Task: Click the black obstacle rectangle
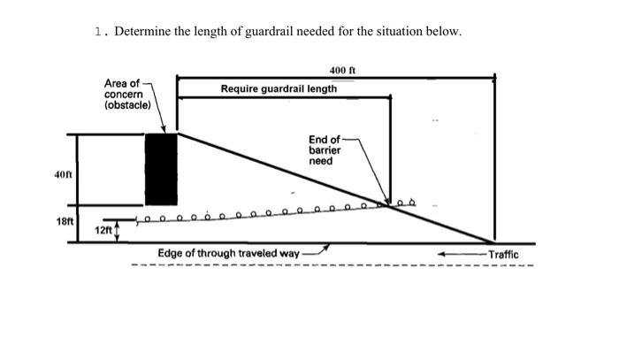pyautogui.click(x=161, y=169)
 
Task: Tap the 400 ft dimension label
pyautogui.click(x=341, y=69)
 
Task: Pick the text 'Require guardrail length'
pyautogui.click(x=279, y=88)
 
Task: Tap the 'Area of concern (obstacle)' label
pyautogui.click(x=127, y=93)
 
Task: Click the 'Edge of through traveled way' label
pyautogui.click(x=228, y=253)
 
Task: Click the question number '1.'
pyautogui.click(x=102, y=32)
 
